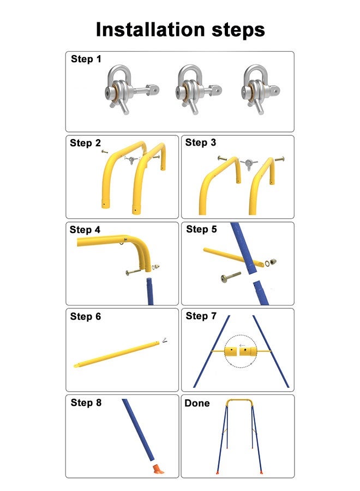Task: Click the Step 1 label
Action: (86, 59)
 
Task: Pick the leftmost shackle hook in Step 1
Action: (122, 87)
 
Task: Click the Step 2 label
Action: (85, 143)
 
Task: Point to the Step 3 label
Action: (201, 143)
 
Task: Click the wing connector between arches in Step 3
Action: (249, 162)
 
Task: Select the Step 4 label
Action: (85, 230)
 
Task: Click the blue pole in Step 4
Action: (150, 292)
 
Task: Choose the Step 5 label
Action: (201, 229)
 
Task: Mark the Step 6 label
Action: (86, 316)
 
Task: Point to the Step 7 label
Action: (201, 316)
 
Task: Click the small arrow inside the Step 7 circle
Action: (242, 345)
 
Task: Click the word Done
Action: (197, 403)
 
